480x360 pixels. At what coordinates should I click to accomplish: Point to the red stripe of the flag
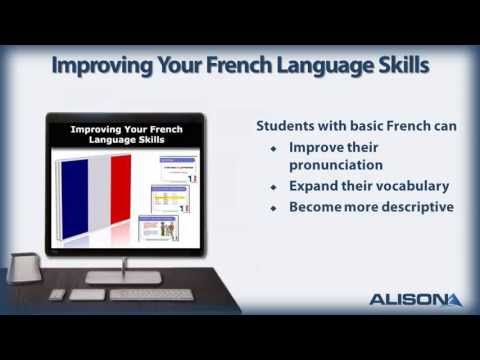119,190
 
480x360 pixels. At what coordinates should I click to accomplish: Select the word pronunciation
335,164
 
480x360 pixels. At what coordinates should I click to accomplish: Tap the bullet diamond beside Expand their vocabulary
274,187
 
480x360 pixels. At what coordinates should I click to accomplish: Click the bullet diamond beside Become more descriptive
274,208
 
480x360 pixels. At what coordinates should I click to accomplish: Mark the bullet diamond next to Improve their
274,147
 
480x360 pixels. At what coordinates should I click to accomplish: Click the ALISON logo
414,299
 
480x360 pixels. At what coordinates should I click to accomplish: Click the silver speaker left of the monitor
23,268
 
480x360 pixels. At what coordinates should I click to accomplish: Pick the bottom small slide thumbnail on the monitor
161,227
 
